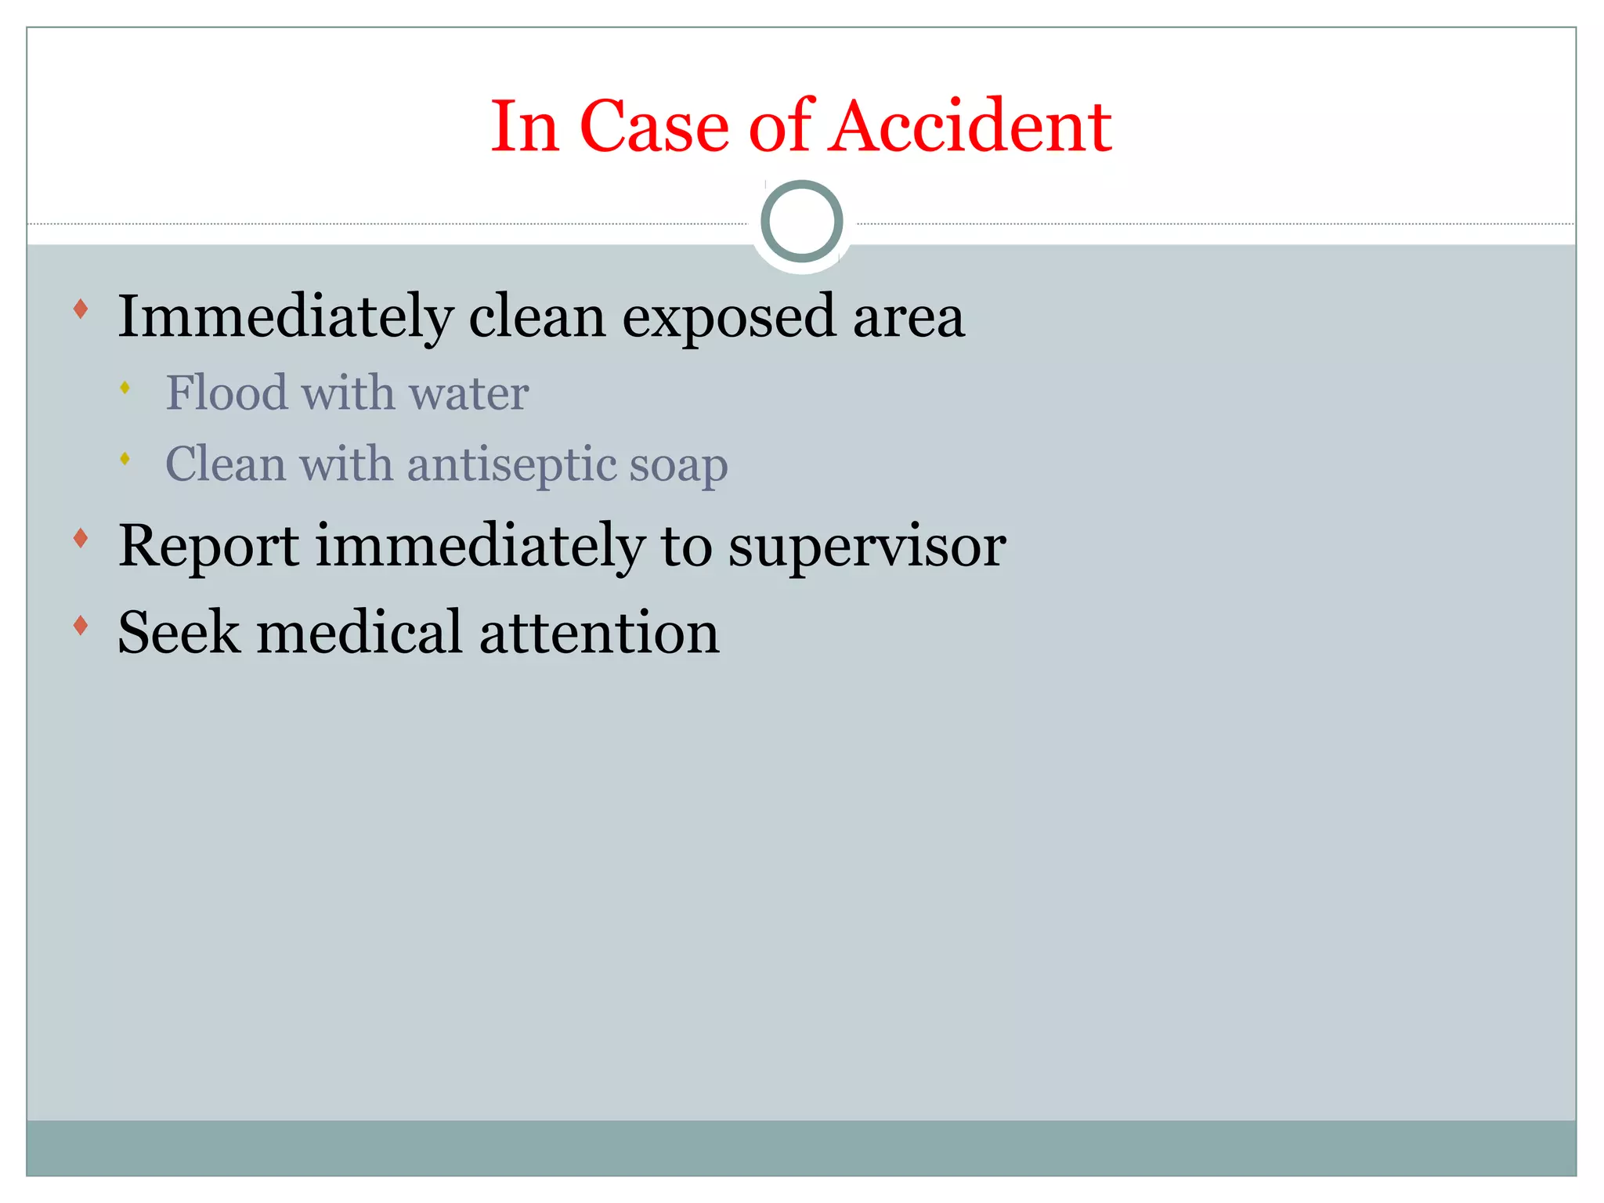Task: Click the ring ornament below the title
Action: click(x=801, y=221)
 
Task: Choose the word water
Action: click(x=469, y=393)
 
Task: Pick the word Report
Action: click(x=208, y=546)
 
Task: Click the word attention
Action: click(x=599, y=634)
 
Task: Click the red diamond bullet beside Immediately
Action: click(x=81, y=309)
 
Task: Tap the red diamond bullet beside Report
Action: click(x=81, y=538)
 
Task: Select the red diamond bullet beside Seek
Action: click(x=81, y=625)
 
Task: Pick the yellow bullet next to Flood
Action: click(x=125, y=387)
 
